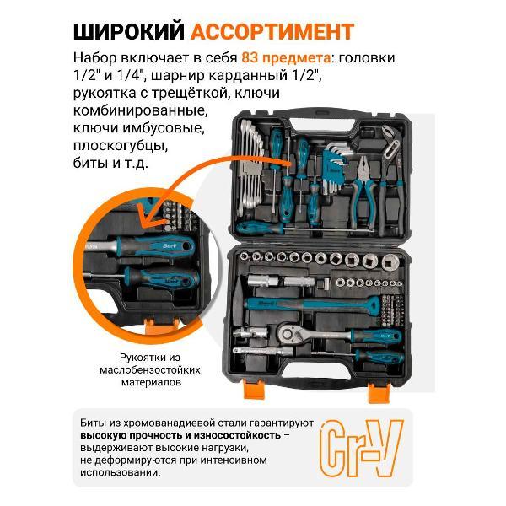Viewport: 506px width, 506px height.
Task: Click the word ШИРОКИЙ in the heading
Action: (129, 32)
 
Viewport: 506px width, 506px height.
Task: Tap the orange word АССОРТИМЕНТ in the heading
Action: (272, 32)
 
